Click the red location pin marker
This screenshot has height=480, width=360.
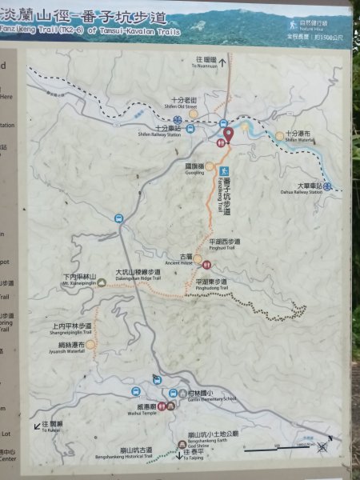(228, 134)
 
